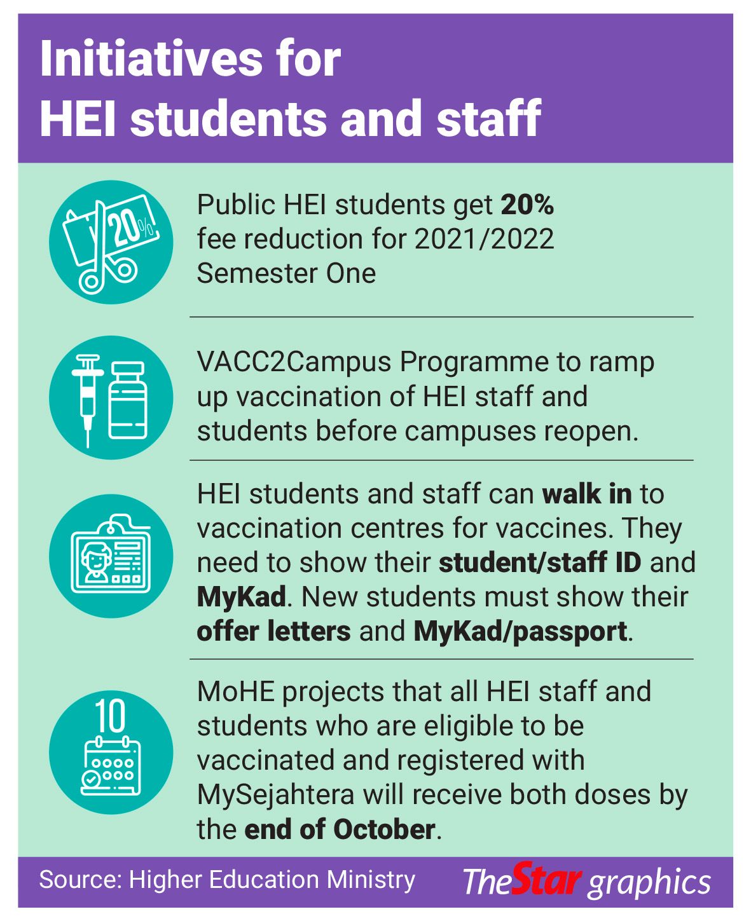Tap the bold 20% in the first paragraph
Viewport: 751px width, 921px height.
pyautogui.click(x=527, y=205)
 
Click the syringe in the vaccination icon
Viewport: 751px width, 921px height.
pyautogui.click(x=88, y=397)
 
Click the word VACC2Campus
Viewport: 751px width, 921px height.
pyautogui.click(x=294, y=362)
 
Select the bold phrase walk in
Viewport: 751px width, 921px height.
pyautogui.click(x=586, y=494)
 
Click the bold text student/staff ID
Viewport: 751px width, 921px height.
pyautogui.click(x=540, y=563)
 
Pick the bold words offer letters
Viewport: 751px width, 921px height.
pyautogui.click(x=273, y=631)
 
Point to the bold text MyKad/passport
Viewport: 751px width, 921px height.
pyautogui.click(x=520, y=631)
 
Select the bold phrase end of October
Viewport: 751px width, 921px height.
pyautogui.click(x=340, y=829)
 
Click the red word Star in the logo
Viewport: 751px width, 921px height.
pyautogui.click(x=547, y=880)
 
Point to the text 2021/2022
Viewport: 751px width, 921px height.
pyautogui.click(x=484, y=239)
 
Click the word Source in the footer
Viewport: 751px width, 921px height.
pyautogui.click(x=77, y=880)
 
